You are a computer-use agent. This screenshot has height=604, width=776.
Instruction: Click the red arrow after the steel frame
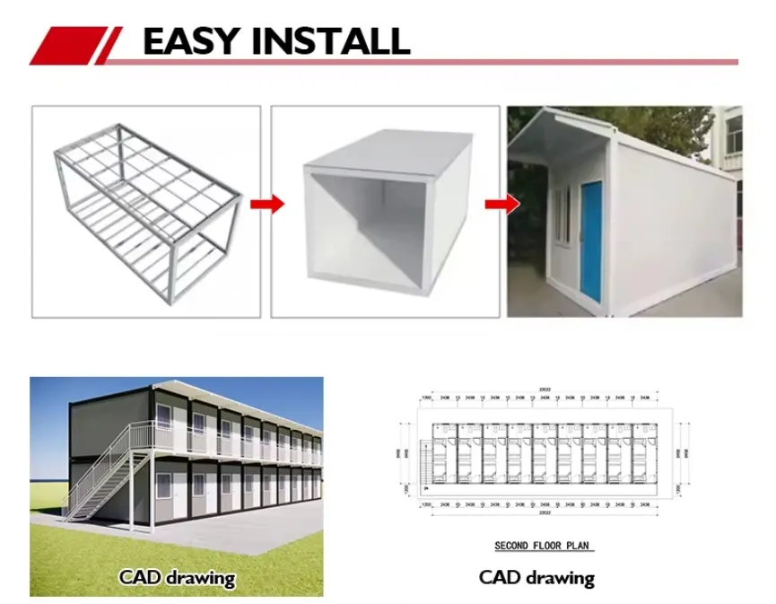tap(266, 205)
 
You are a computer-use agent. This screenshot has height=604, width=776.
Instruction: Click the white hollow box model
tap(386, 211)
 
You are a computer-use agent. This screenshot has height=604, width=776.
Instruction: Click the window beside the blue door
tap(562, 215)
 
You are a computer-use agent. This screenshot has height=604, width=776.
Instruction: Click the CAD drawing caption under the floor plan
tap(536, 577)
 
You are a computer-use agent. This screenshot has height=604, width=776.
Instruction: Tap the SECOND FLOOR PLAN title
tap(544, 546)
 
